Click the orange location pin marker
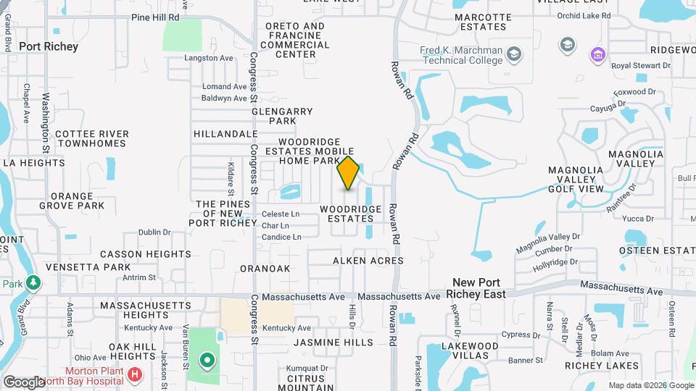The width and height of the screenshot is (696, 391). pyautogui.click(x=348, y=172)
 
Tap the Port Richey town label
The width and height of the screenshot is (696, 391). pyautogui.click(x=49, y=46)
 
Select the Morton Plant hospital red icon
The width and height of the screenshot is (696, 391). pyautogui.click(x=134, y=374)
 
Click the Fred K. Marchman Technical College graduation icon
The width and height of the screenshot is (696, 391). pyautogui.click(x=514, y=54)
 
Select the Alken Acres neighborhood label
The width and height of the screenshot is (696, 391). pyautogui.click(x=368, y=261)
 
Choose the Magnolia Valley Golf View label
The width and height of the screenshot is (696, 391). pyautogui.click(x=576, y=180)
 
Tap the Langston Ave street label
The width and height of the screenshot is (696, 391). pyautogui.click(x=209, y=57)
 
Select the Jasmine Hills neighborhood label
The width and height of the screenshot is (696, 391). pyautogui.click(x=333, y=342)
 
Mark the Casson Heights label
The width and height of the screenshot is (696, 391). pyautogui.click(x=145, y=254)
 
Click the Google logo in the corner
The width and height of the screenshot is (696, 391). pyautogui.click(x=23, y=382)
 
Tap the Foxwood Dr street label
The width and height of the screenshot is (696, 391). pyautogui.click(x=634, y=92)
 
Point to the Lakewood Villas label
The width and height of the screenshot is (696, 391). pyautogui.click(x=471, y=351)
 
